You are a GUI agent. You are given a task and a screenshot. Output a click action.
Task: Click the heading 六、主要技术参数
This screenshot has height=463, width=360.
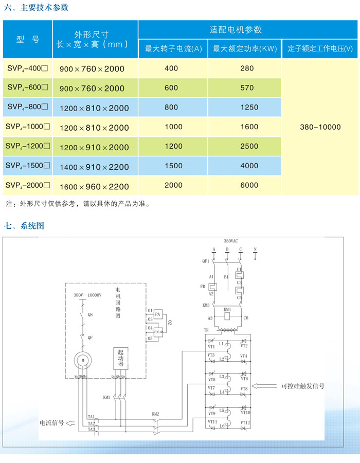click(36, 8)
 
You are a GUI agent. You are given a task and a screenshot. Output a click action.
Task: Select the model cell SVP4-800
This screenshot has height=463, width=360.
click(28, 107)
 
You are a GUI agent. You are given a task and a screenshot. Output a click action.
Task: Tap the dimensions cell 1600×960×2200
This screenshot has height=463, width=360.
click(94, 186)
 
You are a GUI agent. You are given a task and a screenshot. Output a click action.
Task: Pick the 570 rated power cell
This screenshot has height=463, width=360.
click(247, 88)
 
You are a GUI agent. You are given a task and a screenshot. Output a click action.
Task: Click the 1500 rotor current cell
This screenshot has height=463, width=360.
click(173, 166)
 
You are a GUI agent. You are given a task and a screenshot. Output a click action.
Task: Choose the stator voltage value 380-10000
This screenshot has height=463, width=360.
click(320, 127)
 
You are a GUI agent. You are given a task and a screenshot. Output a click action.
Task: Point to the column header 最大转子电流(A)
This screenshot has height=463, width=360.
click(173, 49)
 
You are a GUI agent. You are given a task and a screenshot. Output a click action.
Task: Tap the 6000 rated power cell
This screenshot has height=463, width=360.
click(247, 185)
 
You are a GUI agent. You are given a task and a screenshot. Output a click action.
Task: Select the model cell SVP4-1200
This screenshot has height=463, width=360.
click(28, 146)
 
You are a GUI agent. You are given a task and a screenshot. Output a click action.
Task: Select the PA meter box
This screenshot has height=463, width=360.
click(158, 313)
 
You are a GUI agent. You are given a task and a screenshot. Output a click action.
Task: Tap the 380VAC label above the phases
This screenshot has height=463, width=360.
click(231, 240)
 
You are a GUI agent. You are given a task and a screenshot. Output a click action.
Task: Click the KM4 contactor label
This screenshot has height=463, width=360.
click(227, 310)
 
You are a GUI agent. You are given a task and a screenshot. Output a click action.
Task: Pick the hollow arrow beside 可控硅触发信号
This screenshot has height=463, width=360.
click(267, 385)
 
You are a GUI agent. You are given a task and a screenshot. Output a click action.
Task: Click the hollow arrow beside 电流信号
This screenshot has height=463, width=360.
click(71, 424)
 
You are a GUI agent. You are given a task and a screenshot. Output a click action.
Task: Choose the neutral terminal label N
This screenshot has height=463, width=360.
click(255, 250)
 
